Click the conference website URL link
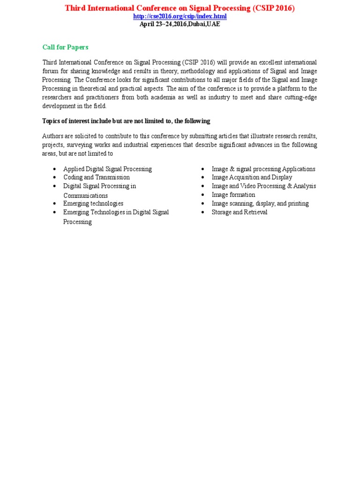pyautogui.click(x=180, y=16)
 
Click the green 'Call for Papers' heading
pyautogui.click(x=65, y=47)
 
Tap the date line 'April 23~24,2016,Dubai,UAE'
pyautogui.click(x=180, y=24)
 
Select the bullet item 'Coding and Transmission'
pyautogui.click(x=97, y=178)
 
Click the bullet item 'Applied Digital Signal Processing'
pyautogui.click(x=107, y=169)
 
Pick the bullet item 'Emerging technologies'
pyautogui.click(x=93, y=204)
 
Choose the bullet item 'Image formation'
pyautogui.click(x=233, y=195)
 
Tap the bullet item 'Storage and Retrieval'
pyautogui.click(x=240, y=212)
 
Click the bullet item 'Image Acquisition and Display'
pyautogui.click(x=252, y=178)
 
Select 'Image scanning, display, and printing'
pyautogui.click(x=260, y=204)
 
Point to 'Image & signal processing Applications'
pyautogui.click(x=263, y=169)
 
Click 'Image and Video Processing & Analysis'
pyautogui.click(x=264, y=186)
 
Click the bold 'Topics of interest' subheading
pyautogui.click(x=126, y=121)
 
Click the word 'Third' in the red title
pyautogui.click(x=74, y=8)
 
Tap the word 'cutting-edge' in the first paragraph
pyautogui.click(x=300, y=97)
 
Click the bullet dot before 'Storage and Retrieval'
pyautogui.click(x=203, y=212)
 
